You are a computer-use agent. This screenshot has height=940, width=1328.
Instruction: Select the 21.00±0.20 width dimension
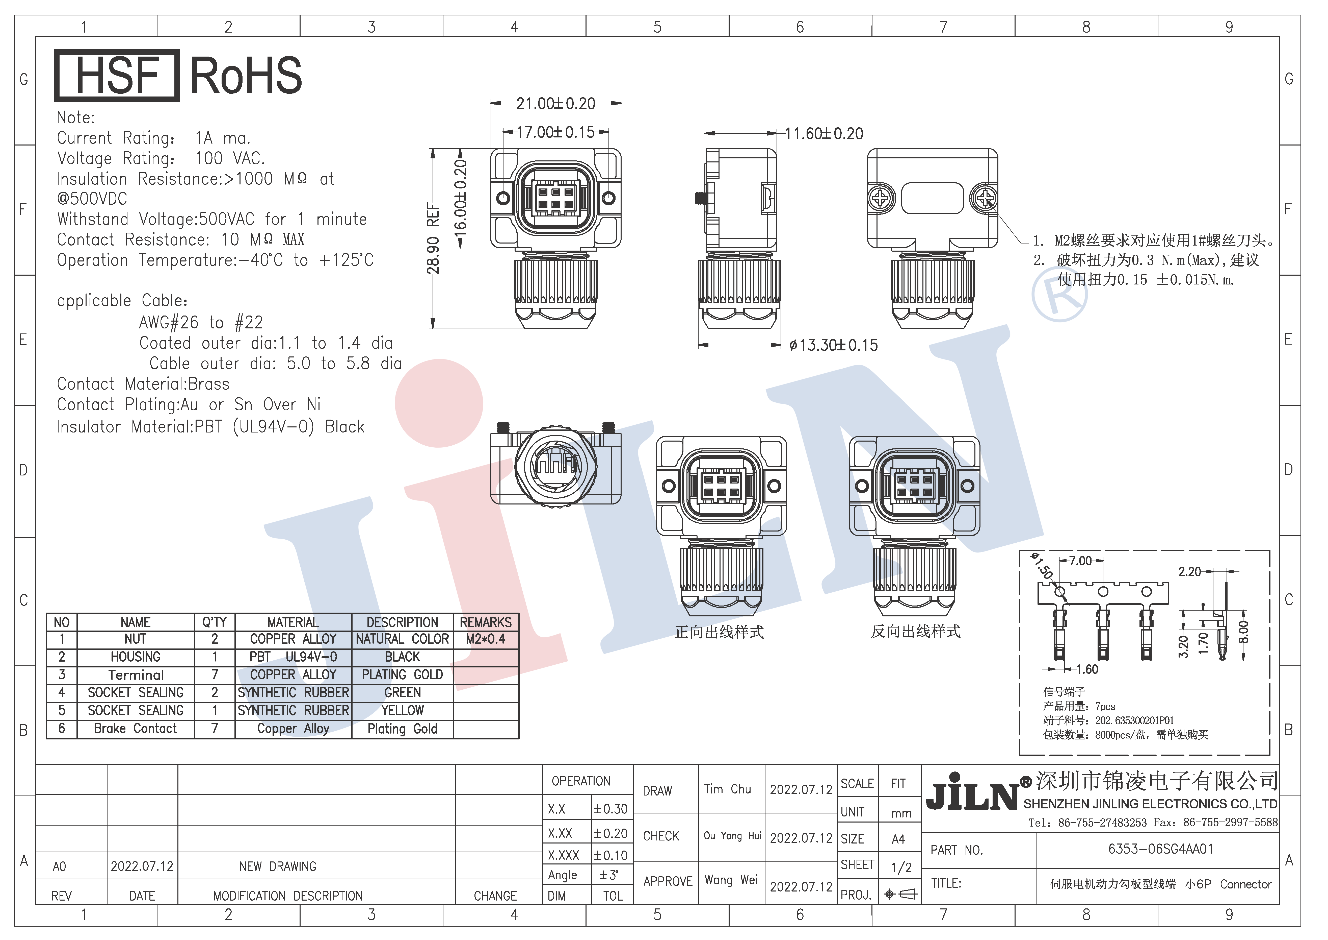coord(556,104)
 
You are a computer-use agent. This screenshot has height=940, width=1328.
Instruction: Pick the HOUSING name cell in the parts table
coord(135,657)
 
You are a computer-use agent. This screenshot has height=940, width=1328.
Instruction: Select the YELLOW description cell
coord(403,710)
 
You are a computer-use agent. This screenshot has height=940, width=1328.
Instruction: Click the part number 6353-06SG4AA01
coord(1160,849)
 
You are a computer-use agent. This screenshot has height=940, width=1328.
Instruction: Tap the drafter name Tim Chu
coord(728,789)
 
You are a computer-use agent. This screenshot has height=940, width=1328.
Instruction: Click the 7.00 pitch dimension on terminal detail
coord(1080,561)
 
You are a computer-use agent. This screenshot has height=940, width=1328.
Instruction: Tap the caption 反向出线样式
coord(916,632)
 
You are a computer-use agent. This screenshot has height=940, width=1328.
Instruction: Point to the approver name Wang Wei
coord(731,880)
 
